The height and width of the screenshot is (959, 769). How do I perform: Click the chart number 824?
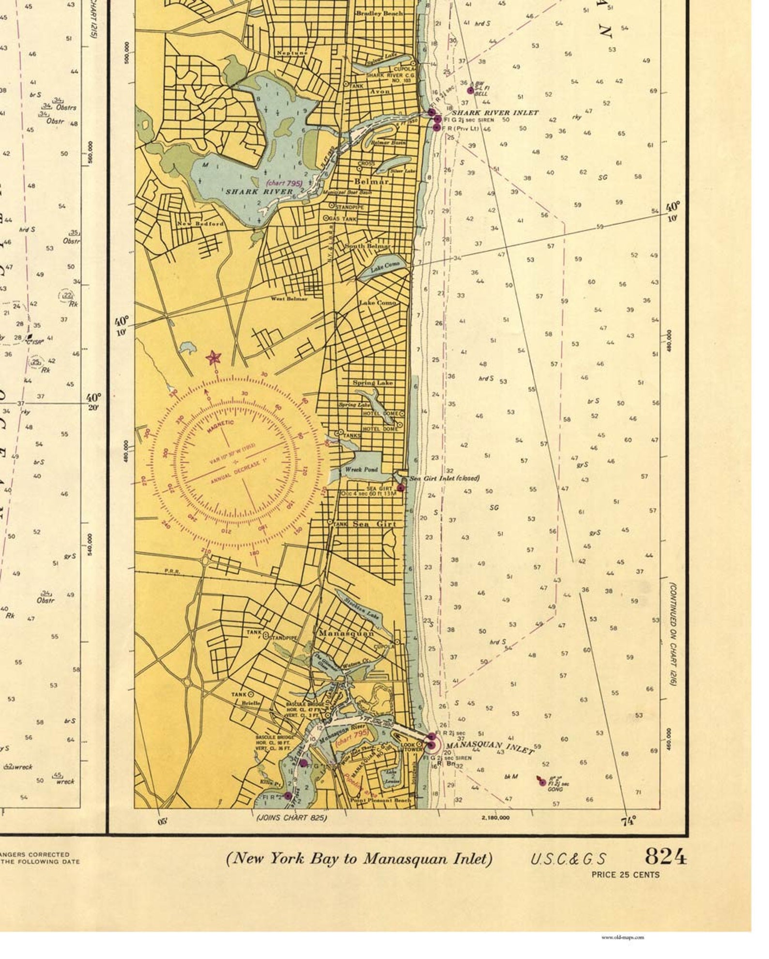tap(665, 857)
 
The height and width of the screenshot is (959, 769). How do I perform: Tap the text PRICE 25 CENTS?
tap(625, 874)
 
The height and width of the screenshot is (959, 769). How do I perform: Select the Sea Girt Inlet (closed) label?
tap(445, 478)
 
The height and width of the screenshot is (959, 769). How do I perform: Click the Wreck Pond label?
tap(361, 469)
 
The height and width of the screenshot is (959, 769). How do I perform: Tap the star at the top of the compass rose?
tap(213, 358)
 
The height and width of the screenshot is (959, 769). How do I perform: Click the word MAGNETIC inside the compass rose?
tap(221, 428)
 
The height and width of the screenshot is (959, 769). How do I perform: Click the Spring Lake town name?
tap(372, 382)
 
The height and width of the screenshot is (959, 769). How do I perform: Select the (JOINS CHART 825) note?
tap(291, 818)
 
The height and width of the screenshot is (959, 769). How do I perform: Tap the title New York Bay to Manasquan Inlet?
tap(359, 858)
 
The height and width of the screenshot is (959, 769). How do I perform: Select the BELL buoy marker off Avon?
tap(470, 91)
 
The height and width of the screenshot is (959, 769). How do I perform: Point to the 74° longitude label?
tap(628, 821)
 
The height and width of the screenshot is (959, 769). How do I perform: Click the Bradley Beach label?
tap(379, 14)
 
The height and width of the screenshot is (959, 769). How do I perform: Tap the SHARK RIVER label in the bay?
tap(259, 192)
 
